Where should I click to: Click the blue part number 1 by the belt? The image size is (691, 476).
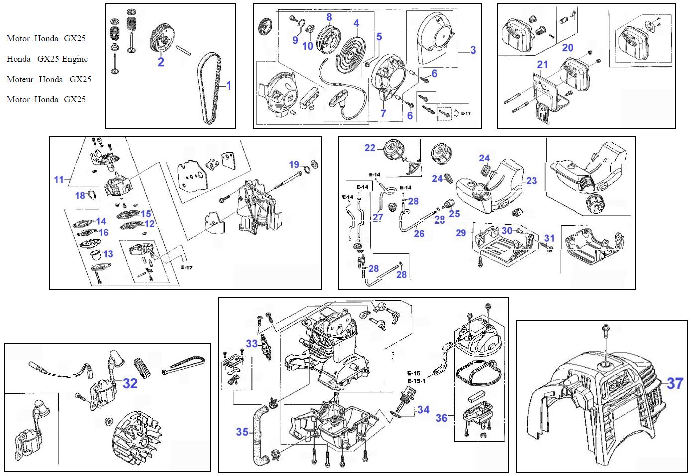(x=229, y=86)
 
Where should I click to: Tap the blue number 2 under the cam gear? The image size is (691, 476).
(x=161, y=62)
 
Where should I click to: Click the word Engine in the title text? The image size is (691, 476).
(x=75, y=59)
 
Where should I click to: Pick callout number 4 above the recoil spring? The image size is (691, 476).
(x=356, y=23)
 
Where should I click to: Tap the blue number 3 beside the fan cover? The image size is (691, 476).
(x=473, y=50)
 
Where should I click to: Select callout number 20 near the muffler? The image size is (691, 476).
(x=568, y=48)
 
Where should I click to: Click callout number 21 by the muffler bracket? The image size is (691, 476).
(x=542, y=65)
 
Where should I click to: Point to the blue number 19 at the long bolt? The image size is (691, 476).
(x=294, y=165)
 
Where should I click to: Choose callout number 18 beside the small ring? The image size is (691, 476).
(x=80, y=195)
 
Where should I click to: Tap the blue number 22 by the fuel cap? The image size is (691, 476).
(x=370, y=148)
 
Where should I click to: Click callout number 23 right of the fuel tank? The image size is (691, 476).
(x=531, y=181)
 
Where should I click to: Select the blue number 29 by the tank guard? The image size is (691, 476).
(x=461, y=233)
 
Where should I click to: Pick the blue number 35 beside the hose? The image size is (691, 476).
(x=242, y=431)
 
